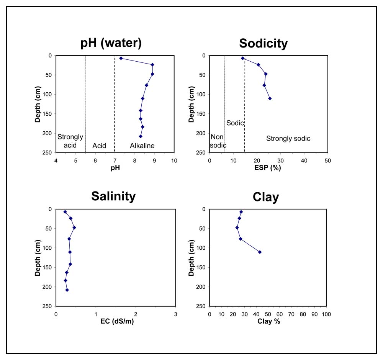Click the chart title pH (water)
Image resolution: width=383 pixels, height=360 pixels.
(x=111, y=43)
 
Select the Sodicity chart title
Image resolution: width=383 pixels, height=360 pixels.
(x=264, y=44)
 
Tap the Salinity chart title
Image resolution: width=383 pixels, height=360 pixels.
(x=113, y=196)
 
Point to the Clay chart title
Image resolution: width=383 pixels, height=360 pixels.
(x=266, y=197)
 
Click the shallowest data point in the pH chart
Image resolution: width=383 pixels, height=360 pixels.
(x=121, y=58)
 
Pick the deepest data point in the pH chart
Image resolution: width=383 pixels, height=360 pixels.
(x=141, y=136)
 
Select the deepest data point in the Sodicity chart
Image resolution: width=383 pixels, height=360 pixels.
(x=270, y=98)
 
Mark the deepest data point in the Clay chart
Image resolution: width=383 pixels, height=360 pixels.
(x=260, y=252)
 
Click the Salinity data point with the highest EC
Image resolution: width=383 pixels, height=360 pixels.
(x=74, y=227)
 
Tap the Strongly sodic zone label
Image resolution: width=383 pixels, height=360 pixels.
(x=288, y=139)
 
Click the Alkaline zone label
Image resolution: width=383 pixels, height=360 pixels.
(x=142, y=146)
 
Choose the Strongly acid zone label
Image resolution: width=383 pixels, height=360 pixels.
(x=70, y=141)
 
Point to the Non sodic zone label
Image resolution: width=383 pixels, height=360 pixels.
(x=218, y=141)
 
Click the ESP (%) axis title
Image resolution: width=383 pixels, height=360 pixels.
(x=268, y=168)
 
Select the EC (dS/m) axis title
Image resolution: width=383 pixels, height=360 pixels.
(x=117, y=321)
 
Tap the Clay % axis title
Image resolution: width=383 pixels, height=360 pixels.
(x=268, y=321)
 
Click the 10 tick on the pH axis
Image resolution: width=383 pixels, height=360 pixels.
(x=174, y=161)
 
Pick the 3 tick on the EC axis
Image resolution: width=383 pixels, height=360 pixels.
(x=176, y=314)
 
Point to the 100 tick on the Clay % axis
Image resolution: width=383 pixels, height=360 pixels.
(x=326, y=314)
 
